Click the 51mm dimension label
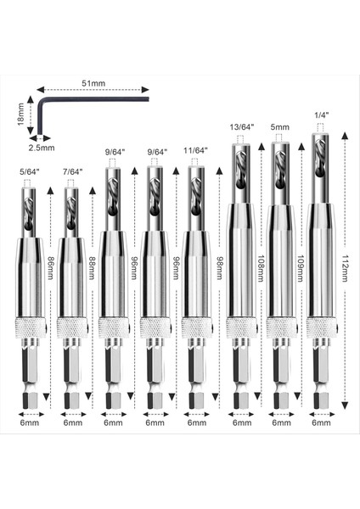pos(93,84)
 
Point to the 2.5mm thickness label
pos(41,147)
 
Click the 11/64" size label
pos(196,153)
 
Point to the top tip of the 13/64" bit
pos(241,138)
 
